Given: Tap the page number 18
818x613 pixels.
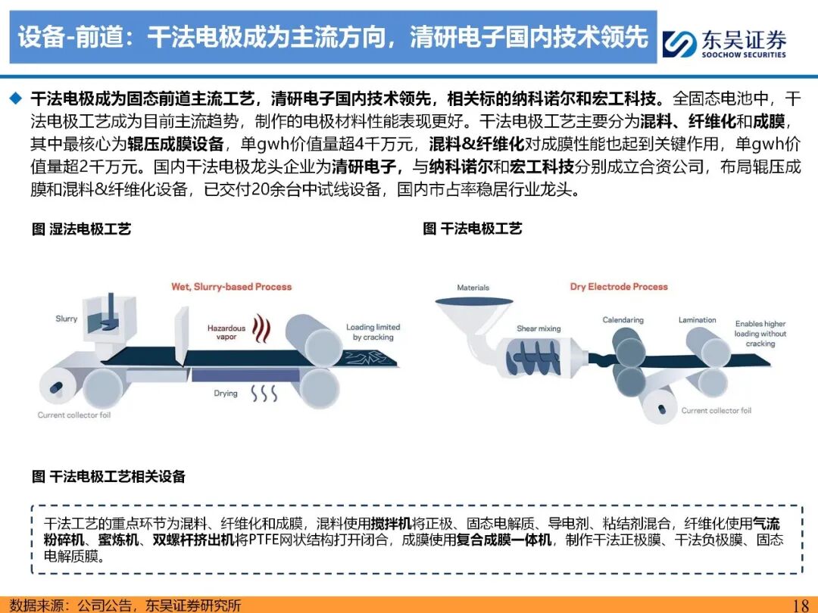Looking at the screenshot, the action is click(x=801, y=605).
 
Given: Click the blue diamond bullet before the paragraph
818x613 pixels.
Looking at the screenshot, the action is click(x=16, y=98).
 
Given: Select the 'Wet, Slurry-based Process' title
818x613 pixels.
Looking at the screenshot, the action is click(x=231, y=287).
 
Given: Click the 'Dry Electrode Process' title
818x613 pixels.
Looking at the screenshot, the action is click(x=619, y=287).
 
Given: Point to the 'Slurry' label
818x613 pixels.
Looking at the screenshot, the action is click(x=66, y=319).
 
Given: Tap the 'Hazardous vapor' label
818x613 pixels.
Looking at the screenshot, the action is click(x=226, y=332).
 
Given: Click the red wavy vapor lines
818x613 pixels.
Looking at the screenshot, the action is click(x=261, y=328).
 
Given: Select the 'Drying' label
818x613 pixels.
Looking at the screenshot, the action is click(x=226, y=394).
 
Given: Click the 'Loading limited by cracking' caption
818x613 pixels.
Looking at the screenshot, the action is click(x=373, y=332).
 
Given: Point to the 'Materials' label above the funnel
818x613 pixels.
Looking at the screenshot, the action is click(x=473, y=288).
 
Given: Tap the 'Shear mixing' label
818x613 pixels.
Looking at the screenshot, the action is click(x=539, y=328).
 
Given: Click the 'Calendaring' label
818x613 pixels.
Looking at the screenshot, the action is click(x=623, y=320).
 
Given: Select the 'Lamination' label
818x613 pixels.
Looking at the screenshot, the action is click(x=697, y=319).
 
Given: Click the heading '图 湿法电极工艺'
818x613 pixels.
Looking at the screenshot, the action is click(x=81, y=229).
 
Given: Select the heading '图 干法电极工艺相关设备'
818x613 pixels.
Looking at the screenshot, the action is click(x=108, y=477).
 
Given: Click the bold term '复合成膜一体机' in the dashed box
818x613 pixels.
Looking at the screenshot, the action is click(x=504, y=540).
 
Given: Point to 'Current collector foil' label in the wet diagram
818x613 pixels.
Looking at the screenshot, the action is click(x=74, y=415).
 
